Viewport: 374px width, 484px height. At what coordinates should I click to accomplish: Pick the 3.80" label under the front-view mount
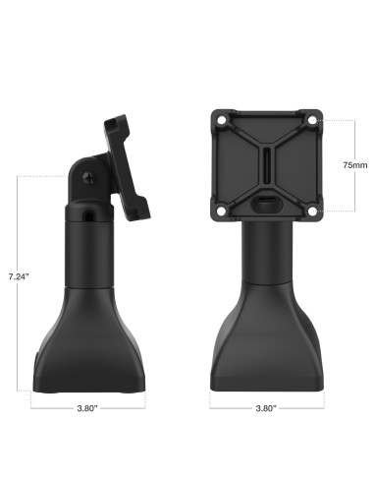click(265, 406)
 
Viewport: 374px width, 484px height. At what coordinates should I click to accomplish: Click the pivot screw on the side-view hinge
click(91, 180)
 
